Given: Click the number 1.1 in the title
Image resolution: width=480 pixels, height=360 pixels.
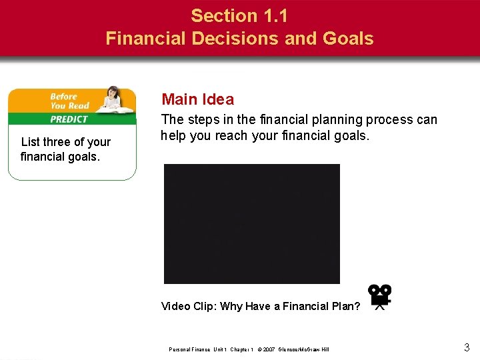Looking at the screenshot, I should point(272,15).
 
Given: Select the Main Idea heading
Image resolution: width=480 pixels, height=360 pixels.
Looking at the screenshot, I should point(197,100).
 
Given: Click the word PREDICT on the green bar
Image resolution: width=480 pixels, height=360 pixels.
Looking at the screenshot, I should point(69,119).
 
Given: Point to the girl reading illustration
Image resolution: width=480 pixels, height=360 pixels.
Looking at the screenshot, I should point(113,101).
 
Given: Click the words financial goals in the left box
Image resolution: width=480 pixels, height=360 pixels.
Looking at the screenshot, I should point(59,157).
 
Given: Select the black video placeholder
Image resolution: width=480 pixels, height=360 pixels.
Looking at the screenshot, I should point(251,224).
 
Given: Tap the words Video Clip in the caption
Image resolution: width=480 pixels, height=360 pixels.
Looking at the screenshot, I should point(189,307).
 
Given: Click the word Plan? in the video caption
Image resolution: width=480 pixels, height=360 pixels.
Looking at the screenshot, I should point(345,307).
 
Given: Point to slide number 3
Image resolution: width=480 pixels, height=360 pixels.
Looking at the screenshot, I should point(466,347).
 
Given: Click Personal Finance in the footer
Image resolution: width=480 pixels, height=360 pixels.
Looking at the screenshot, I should point(190,349).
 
